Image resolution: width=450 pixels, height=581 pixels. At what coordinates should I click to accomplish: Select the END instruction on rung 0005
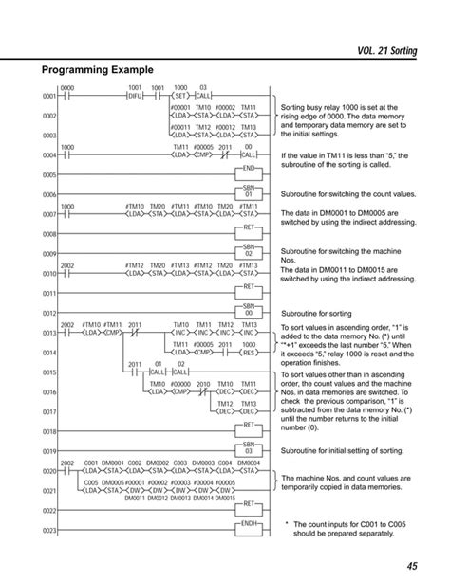pyautogui.click(x=249, y=169)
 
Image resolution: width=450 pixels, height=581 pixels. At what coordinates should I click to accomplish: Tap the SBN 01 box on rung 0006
pyautogui.click(x=249, y=192)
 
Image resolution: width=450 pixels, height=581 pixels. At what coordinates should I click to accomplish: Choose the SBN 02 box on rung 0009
pyautogui.click(x=249, y=251)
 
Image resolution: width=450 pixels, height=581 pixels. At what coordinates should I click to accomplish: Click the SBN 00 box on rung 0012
pyautogui.click(x=249, y=310)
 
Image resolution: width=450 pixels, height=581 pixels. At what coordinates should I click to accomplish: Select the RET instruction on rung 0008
pyautogui.click(x=249, y=227)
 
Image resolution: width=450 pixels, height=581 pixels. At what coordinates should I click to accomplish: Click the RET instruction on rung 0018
pyautogui.click(x=249, y=427)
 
